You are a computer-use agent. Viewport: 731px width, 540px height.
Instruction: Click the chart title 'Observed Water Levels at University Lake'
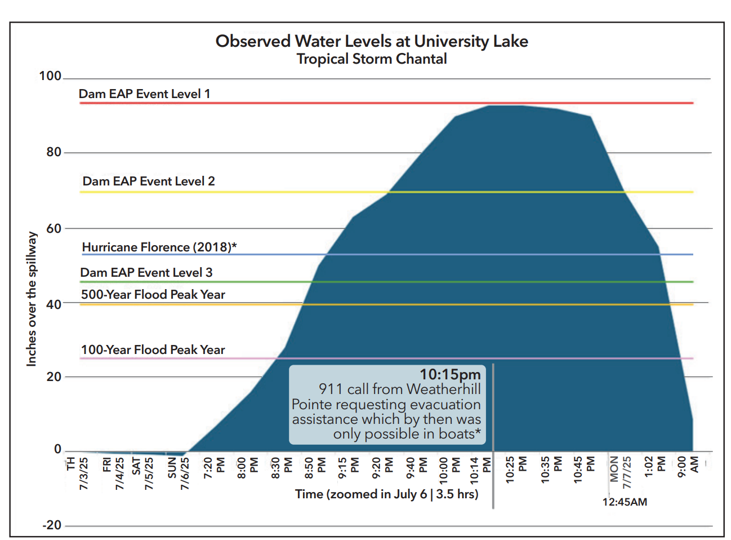click(x=372, y=41)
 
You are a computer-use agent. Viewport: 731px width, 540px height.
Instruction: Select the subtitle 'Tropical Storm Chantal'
click(x=372, y=59)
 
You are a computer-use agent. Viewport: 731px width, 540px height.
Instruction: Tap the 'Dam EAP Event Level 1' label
click(x=144, y=94)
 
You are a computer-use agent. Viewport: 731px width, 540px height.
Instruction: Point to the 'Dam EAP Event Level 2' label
click(x=149, y=182)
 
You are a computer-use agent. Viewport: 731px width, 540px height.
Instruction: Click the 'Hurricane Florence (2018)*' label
click(x=159, y=247)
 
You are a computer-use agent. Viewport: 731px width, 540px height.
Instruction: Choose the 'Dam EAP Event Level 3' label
click(x=146, y=273)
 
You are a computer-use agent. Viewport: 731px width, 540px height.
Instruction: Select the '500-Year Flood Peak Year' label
click(x=153, y=295)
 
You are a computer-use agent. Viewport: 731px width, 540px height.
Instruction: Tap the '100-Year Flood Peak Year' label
click(x=153, y=350)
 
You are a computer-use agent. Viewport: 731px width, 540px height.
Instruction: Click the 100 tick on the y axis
click(x=50, y=76)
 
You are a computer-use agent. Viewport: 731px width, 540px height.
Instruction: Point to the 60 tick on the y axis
click(x=54, y=228)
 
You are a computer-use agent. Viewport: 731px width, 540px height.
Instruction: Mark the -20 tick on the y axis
click(x=52, y=525)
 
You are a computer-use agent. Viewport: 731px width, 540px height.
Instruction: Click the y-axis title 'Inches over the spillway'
click(x=32, y=299)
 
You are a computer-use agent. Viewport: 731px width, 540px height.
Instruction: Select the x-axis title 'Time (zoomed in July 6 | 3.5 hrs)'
click(x=386, y=494)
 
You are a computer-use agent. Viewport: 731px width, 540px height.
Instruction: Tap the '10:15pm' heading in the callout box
click(x=450, y=375)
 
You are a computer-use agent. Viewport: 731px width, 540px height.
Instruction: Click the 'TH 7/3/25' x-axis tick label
click(x=77, y=472)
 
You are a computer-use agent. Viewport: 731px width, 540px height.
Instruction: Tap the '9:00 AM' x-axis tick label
click(x=688, y=466)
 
